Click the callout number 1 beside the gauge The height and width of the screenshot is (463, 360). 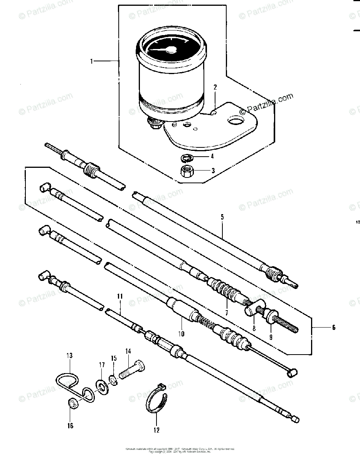[92, 61]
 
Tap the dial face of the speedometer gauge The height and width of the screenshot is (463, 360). [166, 49]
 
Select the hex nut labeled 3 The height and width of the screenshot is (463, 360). [187, 171]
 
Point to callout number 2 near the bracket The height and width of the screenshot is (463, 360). [215, 88]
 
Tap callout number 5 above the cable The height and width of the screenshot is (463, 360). [222, 217]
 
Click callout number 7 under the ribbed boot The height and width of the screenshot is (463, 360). [227, 313]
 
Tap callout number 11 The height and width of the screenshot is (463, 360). [120, 296]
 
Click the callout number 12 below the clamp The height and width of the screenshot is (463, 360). [156, 430]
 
